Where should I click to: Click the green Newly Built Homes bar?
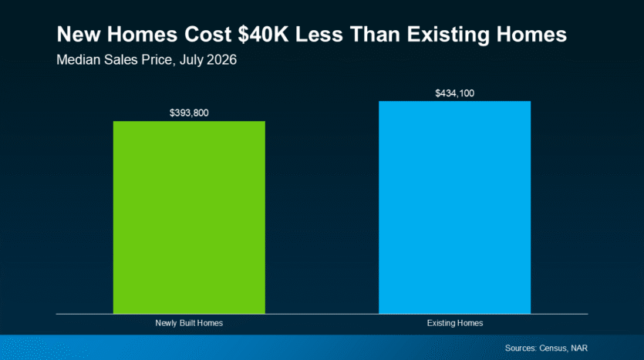click(189, 217)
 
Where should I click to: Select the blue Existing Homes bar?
click(455, 207)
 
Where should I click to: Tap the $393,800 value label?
click(189, 113)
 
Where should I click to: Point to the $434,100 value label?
click(455, 93)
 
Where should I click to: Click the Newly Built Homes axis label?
click(189, 323)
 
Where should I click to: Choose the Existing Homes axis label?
click(455, 323)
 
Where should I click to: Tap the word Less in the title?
click(319, 34)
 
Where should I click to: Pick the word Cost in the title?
click(207, 34)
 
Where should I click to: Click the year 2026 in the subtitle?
click(222, 60)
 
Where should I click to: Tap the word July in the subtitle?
click(191, 61)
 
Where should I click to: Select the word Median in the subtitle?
click(78, 60)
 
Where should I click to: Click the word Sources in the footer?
click(521, 348)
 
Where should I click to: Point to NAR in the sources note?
click(579, 348)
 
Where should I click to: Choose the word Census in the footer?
click(554, 348)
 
